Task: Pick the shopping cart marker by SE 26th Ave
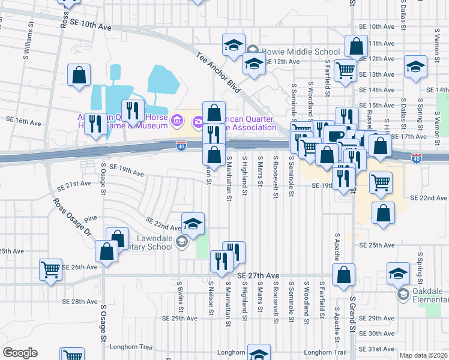pos(51,271)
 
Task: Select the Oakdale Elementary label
pos(431,295)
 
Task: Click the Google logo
pos(20,353)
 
